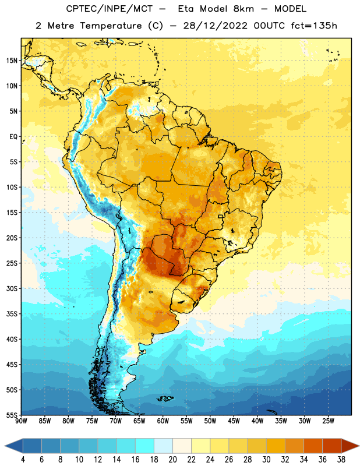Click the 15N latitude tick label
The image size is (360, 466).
tap(12, 61)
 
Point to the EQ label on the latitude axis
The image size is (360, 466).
tap(13, 137)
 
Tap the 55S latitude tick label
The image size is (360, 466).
tap(12, 415)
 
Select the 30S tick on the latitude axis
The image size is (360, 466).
tap(12, 288)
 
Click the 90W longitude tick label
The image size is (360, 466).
tap(21, 421)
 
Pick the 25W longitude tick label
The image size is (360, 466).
tap(328, 421)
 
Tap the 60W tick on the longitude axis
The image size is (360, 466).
tap(163, 421)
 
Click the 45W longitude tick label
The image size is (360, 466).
tap(234, 421)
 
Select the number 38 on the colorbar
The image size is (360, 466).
tap(341, 460)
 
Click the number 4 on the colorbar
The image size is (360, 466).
tap(23, 460)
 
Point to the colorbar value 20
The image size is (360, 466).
tap(172, 460)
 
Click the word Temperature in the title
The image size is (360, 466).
tap(111, 26)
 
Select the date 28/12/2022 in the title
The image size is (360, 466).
tap(215, 26)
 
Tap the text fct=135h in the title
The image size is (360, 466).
tap(314, 26)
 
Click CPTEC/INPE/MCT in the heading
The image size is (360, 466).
tap(109, 9)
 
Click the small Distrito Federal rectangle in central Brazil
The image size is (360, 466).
tap(221, 216)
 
